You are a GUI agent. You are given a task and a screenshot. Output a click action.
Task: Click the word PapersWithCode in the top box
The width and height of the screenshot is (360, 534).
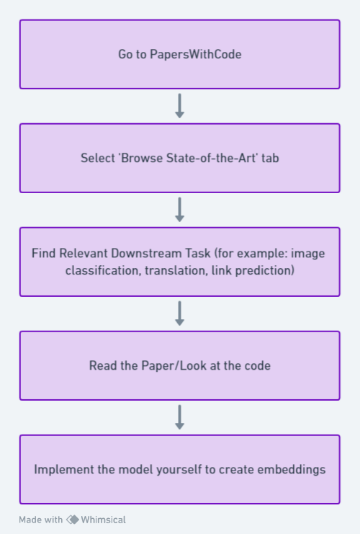(196, 55)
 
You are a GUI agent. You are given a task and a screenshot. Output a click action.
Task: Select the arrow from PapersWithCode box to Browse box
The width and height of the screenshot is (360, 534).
(180, 106)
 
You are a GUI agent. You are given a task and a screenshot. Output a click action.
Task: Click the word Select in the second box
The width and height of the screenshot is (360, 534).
(98, 158)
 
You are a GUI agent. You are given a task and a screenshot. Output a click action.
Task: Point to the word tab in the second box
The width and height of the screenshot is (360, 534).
(270, 158)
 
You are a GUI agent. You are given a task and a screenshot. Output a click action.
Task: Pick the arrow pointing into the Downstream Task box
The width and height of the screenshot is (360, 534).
(180, 210)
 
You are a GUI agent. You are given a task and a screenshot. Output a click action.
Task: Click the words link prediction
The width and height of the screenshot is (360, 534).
(253, 270)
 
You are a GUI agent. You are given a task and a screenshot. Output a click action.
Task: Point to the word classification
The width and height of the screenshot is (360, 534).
(103, 270)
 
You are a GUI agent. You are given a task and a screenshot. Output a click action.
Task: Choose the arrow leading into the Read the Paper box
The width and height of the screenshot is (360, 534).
(180, 313)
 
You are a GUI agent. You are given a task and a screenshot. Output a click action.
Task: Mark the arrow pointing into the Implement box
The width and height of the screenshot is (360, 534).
(180, 417)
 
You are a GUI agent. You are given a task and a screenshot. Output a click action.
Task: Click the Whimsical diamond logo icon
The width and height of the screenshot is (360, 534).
(73, 520)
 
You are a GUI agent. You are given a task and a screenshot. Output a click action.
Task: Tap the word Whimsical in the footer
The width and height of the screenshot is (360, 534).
(104, 520)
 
